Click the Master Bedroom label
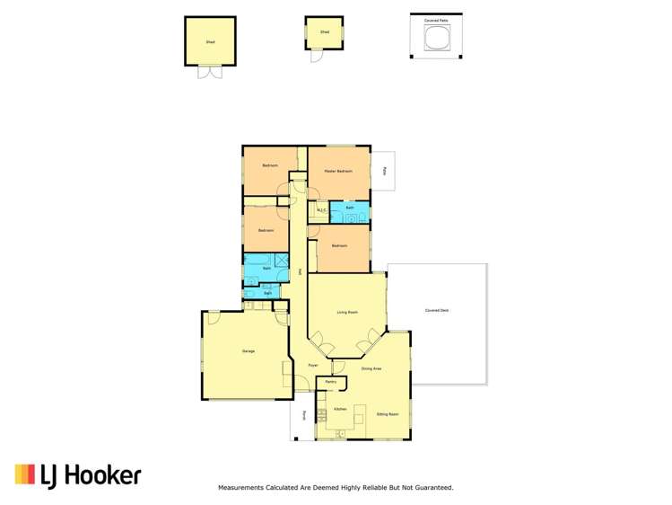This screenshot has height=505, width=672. click(x=338, y=171)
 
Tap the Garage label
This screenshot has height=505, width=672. click(x=249, y=350)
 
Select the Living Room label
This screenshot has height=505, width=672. click(x=347, y=313)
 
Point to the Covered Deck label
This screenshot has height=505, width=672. click(x=437, y=310)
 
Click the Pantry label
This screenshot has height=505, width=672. click(x=331, y=383)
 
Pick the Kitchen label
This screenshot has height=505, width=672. click(x=340, y=410)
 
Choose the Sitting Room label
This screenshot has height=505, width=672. click(x=388, y=413)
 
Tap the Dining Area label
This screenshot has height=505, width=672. click(x=371, y=368)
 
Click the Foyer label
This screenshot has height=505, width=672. click(x=313, y=366)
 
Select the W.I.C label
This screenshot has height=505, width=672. click(x=321, y=211)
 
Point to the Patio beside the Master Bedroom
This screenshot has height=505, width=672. click(x=384, y=170)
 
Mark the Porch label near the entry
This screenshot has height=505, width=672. click(x=304, y=415)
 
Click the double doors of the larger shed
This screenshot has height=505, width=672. click(x=209, y=72)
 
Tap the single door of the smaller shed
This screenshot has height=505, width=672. click(x=317, y=55)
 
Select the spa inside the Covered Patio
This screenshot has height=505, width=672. click(x=436, y=39)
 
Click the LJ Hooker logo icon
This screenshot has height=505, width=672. click(x=25, y=474)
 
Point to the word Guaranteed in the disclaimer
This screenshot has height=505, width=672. click(x=431, y=488)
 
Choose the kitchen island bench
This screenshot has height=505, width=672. click(x=361, y=415)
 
